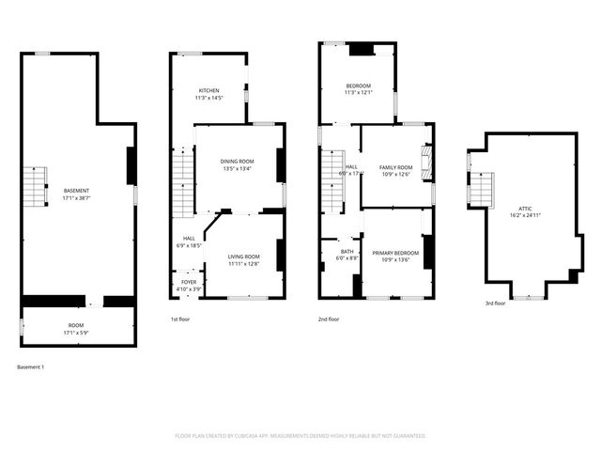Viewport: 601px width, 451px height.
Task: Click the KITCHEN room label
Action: (208, 90)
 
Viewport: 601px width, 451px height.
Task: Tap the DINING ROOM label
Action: (239, 162)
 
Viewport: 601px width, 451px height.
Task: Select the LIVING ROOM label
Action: (243, 256)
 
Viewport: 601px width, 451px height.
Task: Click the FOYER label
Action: (189, 282)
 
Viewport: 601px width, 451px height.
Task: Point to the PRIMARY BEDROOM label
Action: (394, 254)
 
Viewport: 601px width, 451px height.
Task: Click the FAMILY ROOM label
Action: (396, 167)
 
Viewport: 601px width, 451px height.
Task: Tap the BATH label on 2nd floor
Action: (347, 252)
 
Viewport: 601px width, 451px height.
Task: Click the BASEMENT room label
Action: (76, 191)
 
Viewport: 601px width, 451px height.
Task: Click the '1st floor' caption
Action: (181, 319)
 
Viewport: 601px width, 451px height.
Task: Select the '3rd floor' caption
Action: (495, 303)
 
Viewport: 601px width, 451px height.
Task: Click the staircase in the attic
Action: (480, 188)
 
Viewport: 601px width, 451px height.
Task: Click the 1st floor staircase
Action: (182, 186)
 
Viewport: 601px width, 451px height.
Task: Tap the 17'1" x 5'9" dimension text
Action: (76, 333)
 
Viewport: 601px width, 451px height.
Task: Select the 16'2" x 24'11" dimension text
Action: (525, 215)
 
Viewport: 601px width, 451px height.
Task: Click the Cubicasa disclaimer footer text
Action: (300, 436)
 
